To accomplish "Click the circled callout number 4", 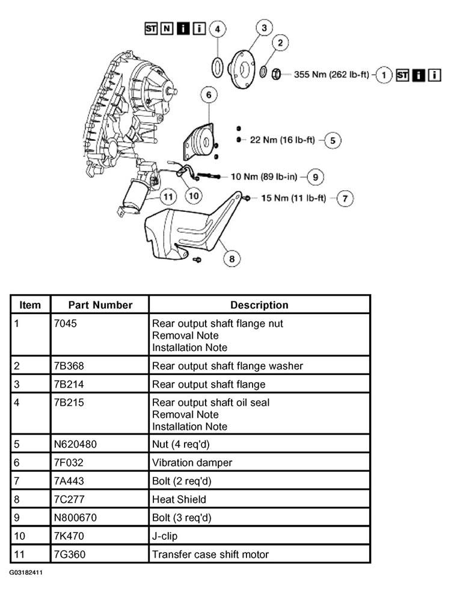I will tap(217, 28).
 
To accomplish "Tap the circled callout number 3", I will tap(263, 27).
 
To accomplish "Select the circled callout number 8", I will tap(232, 259).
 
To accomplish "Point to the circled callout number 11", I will tap(168, 196).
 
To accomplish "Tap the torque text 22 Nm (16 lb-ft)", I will tap(282, 140).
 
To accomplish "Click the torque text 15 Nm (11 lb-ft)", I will tap(293, 198).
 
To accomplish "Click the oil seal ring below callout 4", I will tap(217, 66).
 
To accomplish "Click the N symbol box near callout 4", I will tap(166, 28).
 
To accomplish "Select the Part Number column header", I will tap(100, 305).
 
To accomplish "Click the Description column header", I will tap(259, 305).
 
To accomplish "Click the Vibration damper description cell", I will tap(192, 463).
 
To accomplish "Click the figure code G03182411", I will tap(25, 573).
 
